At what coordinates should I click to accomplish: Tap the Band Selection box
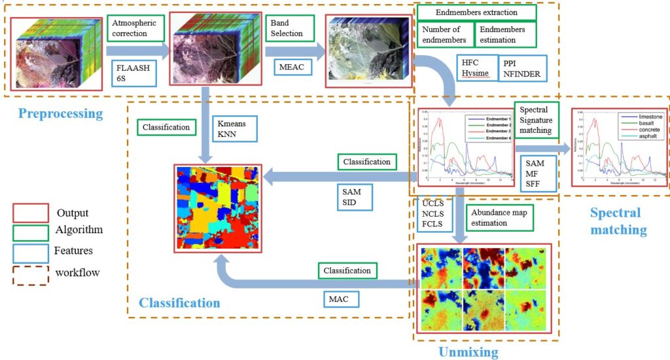289,28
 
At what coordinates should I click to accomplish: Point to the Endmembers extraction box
477,12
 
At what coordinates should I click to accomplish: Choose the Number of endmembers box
445,35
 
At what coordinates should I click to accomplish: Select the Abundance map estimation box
500,217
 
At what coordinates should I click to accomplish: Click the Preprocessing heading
61,113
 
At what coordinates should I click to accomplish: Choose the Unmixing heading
468,352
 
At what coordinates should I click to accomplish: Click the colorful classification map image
218,208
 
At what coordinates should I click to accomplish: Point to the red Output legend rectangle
31,213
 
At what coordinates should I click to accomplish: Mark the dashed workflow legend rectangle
31,273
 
